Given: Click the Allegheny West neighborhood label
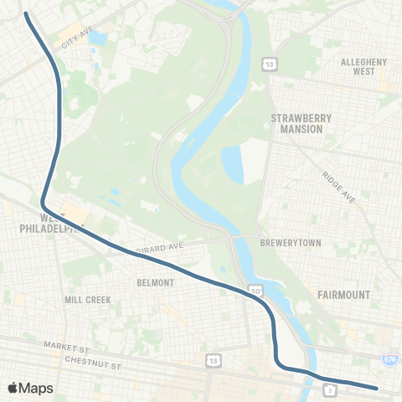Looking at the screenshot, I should [363, 67].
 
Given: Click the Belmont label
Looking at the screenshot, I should [155, 283].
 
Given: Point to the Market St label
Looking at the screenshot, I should [67, 345].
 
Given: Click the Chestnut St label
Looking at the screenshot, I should [93, 364].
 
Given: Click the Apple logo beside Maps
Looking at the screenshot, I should [13, 388].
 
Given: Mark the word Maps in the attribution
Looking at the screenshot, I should [37, 388].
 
